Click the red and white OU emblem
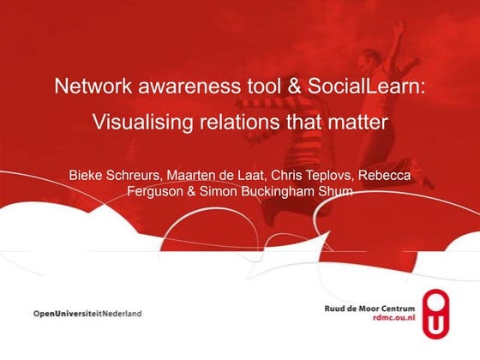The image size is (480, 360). pos(440,313)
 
